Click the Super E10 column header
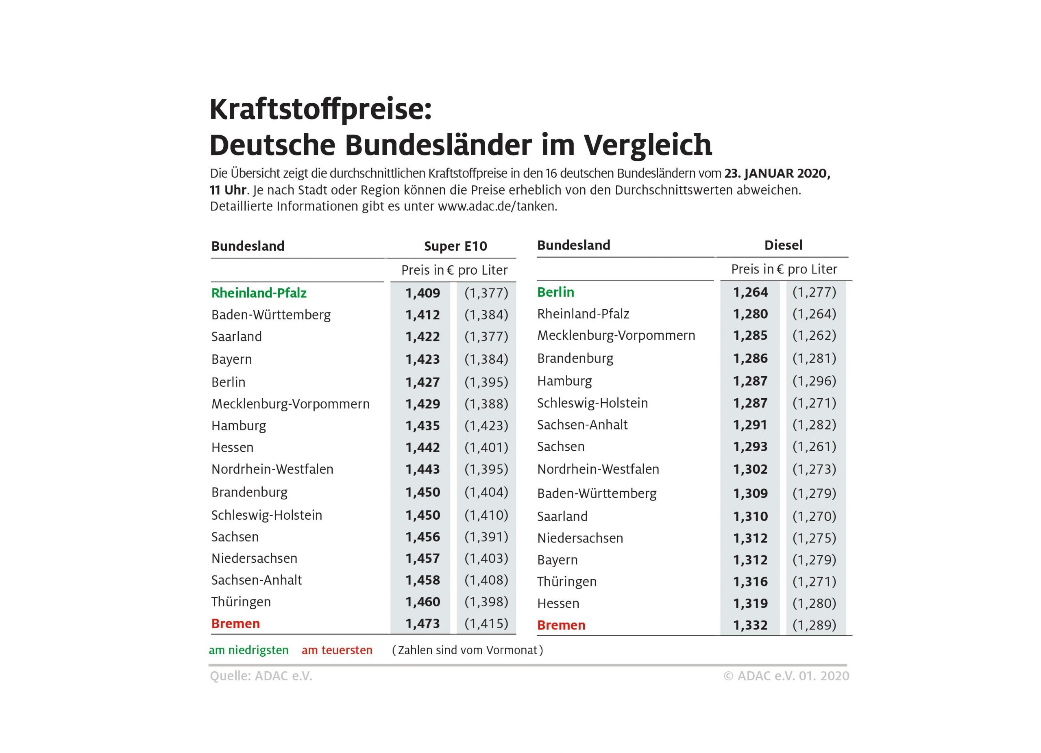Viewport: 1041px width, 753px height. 455,246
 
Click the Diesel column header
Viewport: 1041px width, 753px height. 783,245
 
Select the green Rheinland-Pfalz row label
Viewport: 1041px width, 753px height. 259,293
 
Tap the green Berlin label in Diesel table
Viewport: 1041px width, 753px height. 555,292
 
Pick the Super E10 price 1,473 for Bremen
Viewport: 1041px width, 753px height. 422,624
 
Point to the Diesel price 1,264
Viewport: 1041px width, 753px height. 750,292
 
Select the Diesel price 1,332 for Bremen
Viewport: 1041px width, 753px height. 750,625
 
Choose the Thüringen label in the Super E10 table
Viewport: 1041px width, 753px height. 241,602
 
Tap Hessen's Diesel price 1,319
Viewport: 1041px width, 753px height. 750,603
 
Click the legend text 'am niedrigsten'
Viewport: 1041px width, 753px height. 249,650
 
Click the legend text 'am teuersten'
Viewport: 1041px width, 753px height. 337,650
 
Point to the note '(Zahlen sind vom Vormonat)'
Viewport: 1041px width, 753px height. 467,650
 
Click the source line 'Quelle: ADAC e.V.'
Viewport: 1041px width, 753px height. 261,676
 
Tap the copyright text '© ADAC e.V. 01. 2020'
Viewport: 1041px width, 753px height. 786,676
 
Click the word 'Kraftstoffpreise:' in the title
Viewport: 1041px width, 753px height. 320,110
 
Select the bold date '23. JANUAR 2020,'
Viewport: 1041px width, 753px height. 777,174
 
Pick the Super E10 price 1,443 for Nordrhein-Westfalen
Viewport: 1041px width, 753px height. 422,469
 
